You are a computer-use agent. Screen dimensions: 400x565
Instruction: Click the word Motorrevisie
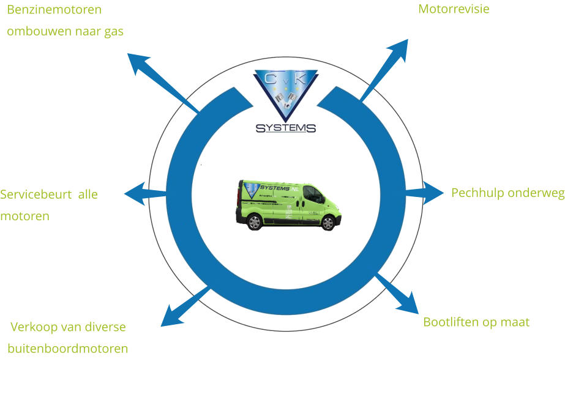click(x=454, y=9)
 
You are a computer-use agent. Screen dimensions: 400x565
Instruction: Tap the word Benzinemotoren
click(x=54, y=10)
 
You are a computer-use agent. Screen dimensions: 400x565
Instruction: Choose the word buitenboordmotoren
click(x=68, y=349)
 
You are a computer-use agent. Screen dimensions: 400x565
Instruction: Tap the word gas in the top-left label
click(x=114, y=32)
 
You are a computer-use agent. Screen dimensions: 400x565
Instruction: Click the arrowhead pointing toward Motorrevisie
click(x=400, y=48)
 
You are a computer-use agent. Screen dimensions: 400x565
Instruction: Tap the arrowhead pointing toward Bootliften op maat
click(x=409, y=303)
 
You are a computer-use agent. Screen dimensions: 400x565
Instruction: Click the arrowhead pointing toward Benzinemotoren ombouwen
click(x=138, y=62)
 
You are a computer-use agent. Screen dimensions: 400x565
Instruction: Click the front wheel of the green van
click(x=328, y=223)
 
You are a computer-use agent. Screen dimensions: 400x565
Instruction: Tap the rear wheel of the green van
click(x=255, y=222)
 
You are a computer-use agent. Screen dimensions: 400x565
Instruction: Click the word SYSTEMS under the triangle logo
click(x=286, y=128)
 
